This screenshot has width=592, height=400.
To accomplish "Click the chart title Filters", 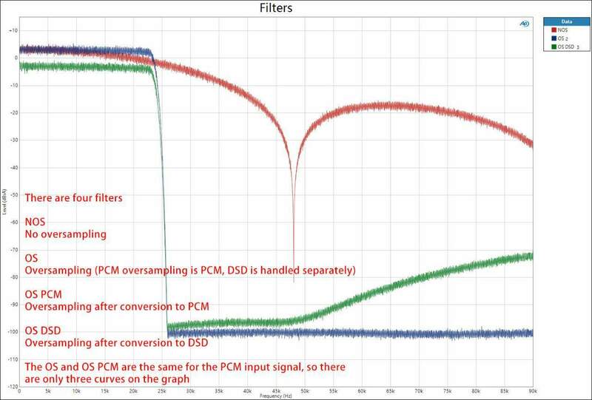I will tap(276, 9).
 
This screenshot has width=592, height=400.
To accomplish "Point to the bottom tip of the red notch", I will tap(294, 282).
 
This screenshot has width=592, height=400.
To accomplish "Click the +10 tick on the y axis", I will tap(13, 30).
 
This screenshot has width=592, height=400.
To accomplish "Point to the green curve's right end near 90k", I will tap(530, 256).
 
